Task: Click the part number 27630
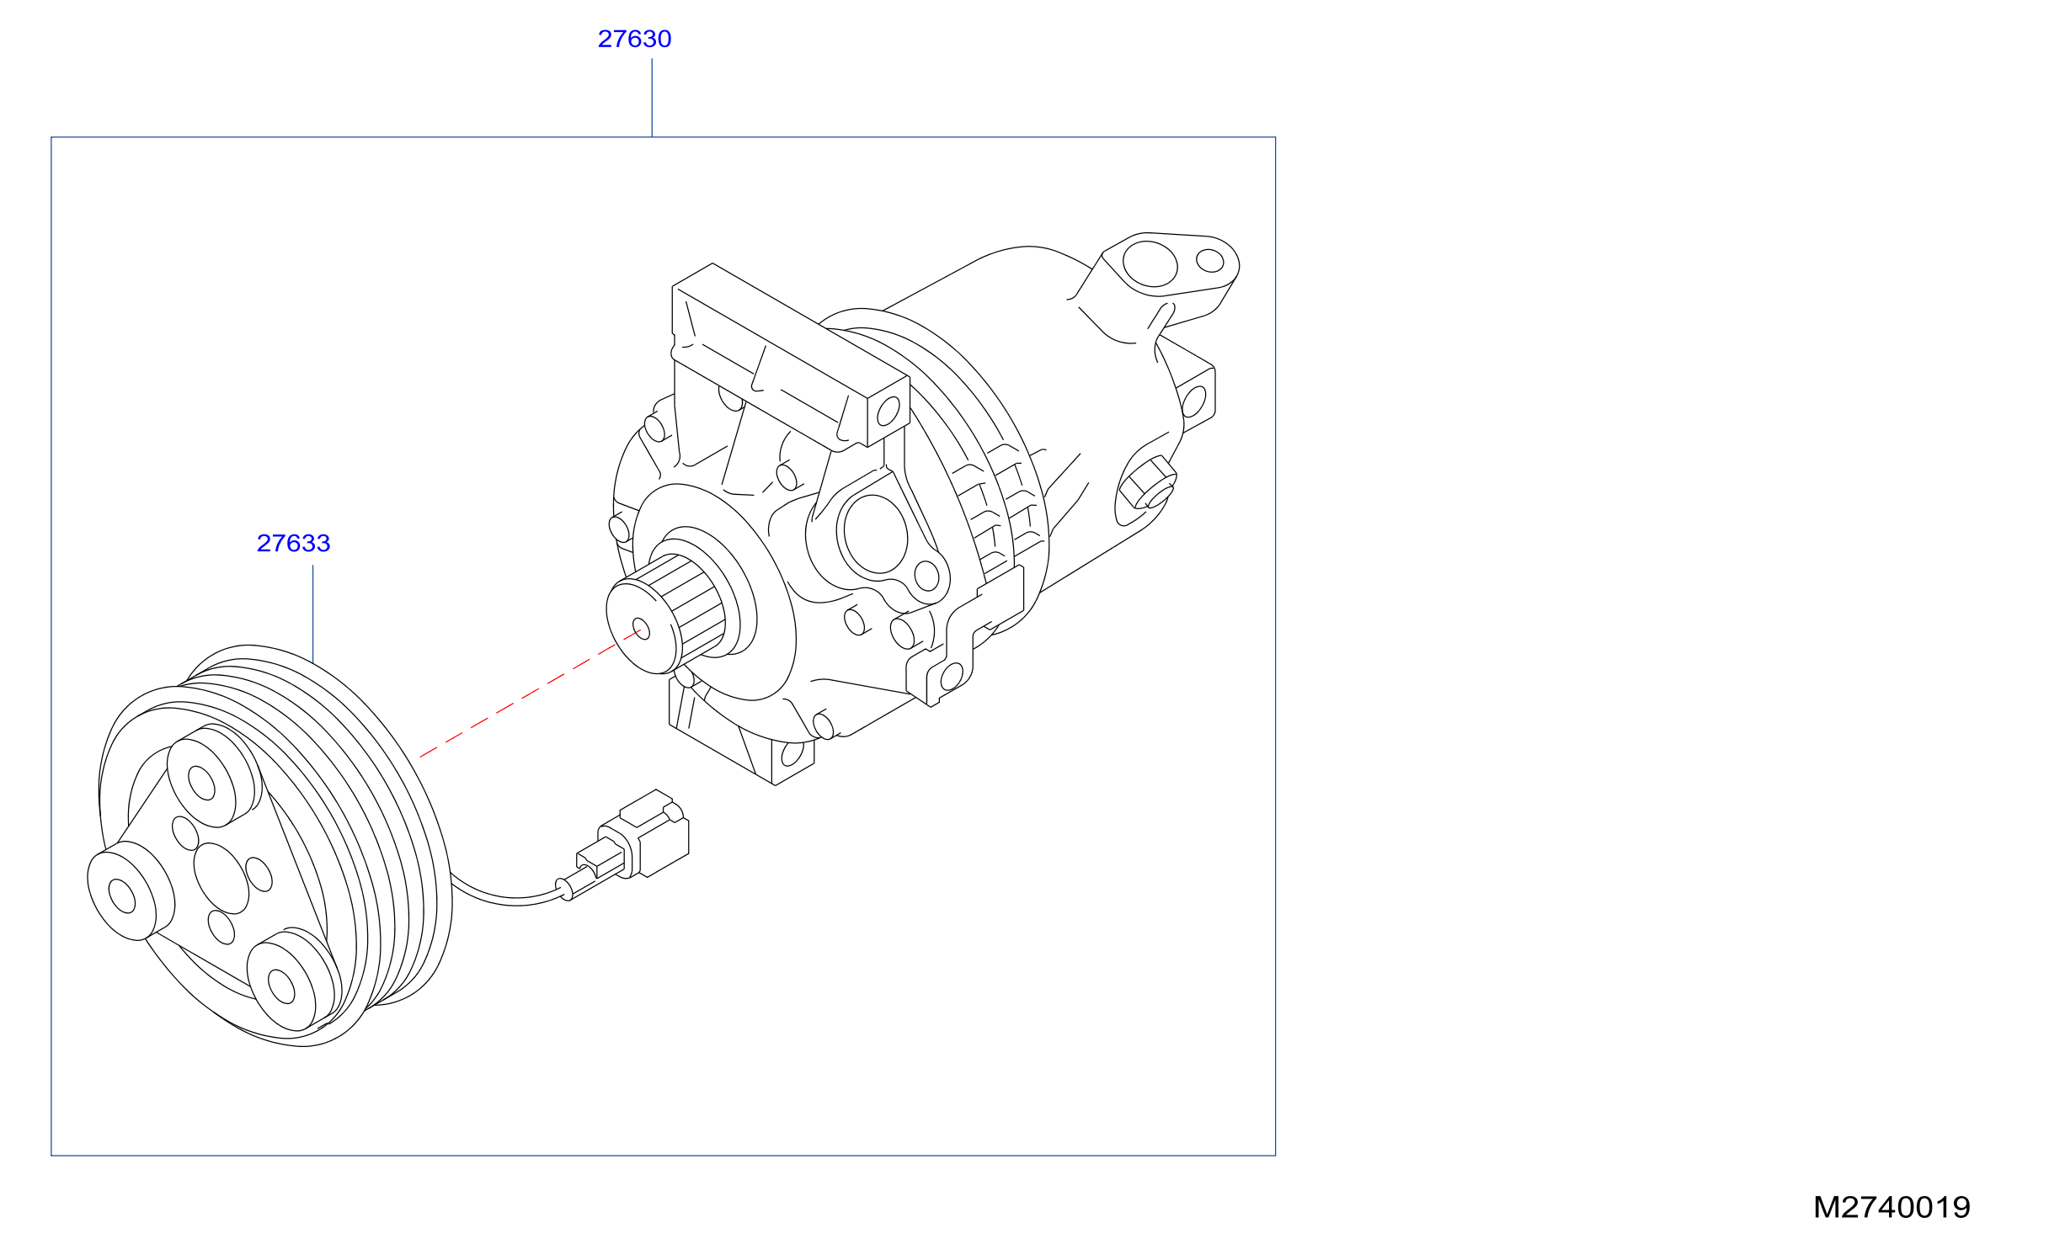(x=634, y=39)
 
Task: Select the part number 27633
(x=293, y=543)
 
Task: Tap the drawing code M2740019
(x=1892, y=1207)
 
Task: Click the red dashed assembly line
(x=531, y=693)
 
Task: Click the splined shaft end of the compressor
(x=665, y=614)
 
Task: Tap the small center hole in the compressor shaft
(x=641, y=629)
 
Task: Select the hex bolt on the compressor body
(x=1147, y=483)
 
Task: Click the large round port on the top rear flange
(x=1150, y=263)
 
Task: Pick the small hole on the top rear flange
(x=1210, y=260)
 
